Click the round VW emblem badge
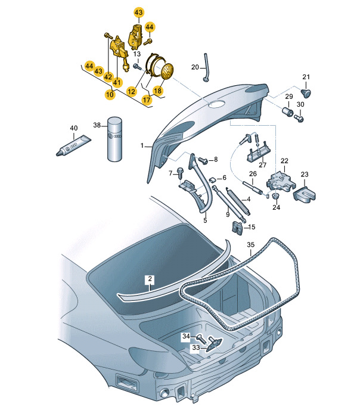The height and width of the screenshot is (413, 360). click(167, 71)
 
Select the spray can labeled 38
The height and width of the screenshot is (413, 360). click(115, 139)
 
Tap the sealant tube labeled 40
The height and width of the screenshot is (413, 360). click(73, 145)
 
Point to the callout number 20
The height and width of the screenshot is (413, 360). click(195, 67)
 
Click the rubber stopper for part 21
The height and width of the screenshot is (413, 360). click(306, 93)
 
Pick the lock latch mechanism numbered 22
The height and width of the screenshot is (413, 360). click(281, 181)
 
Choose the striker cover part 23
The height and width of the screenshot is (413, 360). click(305, 194)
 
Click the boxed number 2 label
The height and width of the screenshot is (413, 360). click(150, 279)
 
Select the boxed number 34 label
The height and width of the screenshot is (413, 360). click(186, 336)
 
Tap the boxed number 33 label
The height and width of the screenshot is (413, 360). click(196, 347)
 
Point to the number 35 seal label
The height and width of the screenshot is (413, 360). click(250, 245)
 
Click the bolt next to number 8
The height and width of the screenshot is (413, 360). click(203, 160)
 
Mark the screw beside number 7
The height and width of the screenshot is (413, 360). click(181, 172)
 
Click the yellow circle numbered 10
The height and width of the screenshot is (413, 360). click(110, 94)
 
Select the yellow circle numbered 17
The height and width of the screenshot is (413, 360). click(147, 100)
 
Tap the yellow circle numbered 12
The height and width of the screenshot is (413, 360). click(131, 91)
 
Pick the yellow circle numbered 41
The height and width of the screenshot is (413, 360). click(117, 82)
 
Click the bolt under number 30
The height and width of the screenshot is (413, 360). click(299, 119)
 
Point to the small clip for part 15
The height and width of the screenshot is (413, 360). click(238, 228)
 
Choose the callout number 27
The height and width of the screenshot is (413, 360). click(263, 165)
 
